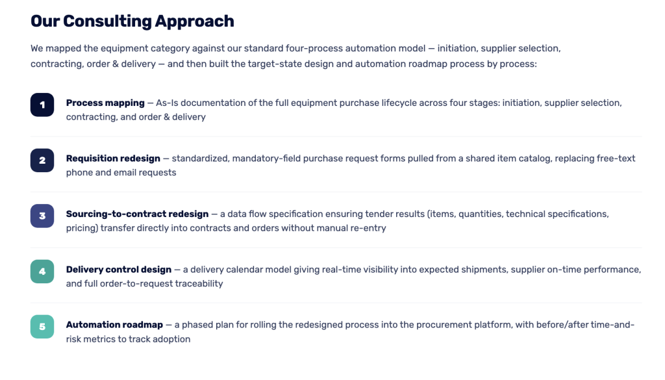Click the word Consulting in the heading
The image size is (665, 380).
[108, 21]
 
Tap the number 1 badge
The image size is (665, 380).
[42, 105]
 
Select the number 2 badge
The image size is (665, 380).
[42, 160]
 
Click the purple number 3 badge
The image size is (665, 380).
[42, 216]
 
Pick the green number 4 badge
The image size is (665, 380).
[42, 272]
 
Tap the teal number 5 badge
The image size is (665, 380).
[42, 327]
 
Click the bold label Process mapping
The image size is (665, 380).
[105, 103]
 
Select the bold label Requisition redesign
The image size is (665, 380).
[113, 158]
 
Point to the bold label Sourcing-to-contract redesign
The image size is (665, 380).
[138, 214]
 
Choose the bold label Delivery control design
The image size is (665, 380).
[119, 270]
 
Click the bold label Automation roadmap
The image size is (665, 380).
[114, 325]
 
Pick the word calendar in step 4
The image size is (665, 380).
[242, 270]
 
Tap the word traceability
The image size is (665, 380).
[199, 284]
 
